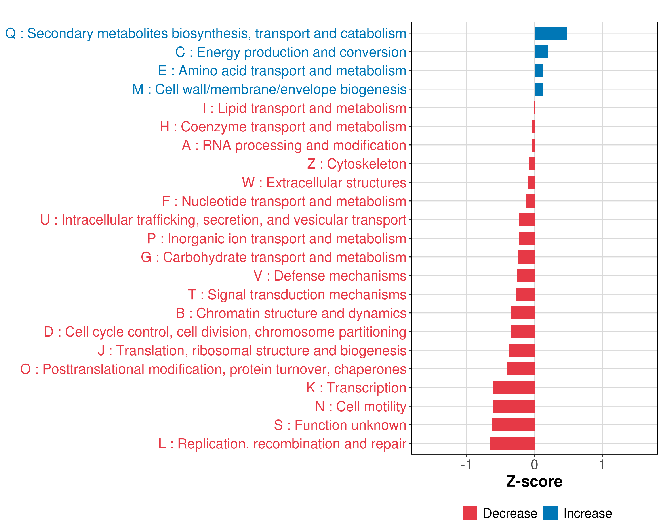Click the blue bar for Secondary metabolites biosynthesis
pyautogui.click(x=551, y=33)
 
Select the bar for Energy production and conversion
pyautogui.click(x=541, y=52)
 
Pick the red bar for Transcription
pyautogui.click(x=514, y=388)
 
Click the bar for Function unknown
pyautogui.click(x=513, y=425)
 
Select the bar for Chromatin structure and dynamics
pyautogui.click(x=523, y=313)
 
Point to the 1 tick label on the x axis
pyautogui.click(x=602, y=464)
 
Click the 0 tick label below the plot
pyautogui.click(x=534, y=464)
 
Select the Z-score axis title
pyautogui.click(x=534, y=481)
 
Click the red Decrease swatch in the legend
pyautogui.click(x=470, y=513)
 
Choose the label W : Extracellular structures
pyautogui.click(x=324, y=183)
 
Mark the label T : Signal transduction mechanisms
pyautogui.click(x=297, y=294)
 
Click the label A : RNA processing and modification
pyautogui.click(x=294, y=145)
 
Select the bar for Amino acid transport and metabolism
pyautogui.click(x=539, y=71)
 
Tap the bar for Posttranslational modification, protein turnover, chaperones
pyautogui.click(x=520, y=369)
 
